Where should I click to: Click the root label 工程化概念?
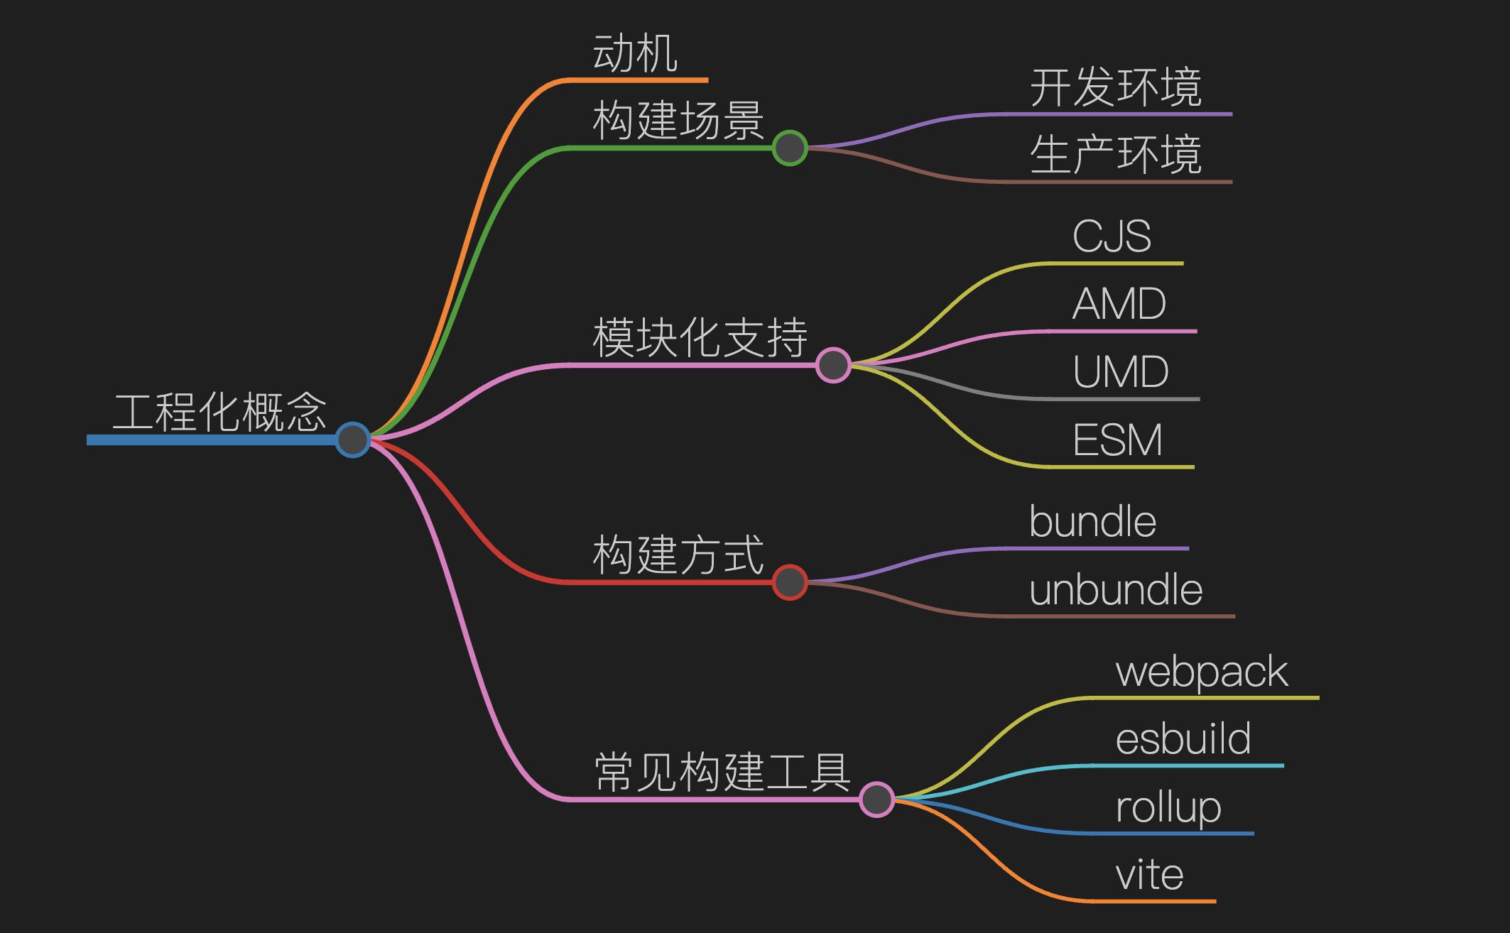(x=219, y=413)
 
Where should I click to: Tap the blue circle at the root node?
(x=352, y=440)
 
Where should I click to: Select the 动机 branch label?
(x=635, y=54)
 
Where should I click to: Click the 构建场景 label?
(x=678, y=121)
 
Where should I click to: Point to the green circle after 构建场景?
(x=790, y=148)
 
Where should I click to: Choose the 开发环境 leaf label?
(x=1115, y=88)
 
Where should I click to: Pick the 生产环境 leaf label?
(x=1115, y=155)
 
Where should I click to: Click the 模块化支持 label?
(x=700, y=338)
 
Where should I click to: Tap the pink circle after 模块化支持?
(x=833, y=365)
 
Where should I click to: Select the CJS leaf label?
(x=1112, y=236)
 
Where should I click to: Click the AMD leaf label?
(x=1119, y=304)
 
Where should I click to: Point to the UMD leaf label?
(x=1120, y=372)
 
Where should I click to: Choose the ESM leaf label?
(x=1117, y=440)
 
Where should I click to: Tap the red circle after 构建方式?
(x=790, y=582)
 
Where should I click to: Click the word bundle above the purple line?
(x=1092, y=522)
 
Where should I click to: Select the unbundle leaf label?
(x=1116, y=590)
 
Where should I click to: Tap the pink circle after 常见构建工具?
(x=876, y=800)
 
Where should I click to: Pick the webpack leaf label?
(x=1202, y=672)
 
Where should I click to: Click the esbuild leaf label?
(x=1183, y=739)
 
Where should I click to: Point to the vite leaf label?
(x=1149, y=875)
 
